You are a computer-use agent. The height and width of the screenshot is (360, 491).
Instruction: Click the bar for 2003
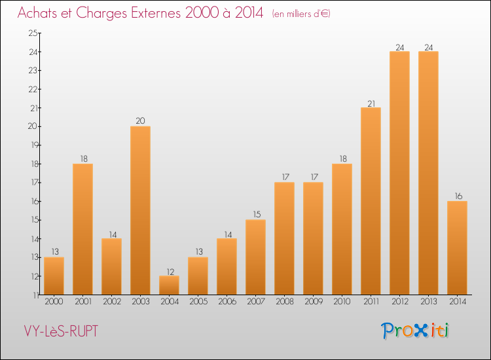point(140,210)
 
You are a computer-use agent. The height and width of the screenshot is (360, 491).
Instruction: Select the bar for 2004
point(169,285)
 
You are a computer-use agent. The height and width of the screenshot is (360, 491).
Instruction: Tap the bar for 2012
point(399,173)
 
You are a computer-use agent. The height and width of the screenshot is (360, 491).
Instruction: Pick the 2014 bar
point(457,247)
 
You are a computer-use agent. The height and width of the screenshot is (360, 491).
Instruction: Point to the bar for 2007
point(255,257)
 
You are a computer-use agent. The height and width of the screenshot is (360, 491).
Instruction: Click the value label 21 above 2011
point(371,103)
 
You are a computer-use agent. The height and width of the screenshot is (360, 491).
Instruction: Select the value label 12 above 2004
point(170,272)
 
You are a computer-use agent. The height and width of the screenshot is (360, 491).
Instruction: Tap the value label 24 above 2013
point(429,48)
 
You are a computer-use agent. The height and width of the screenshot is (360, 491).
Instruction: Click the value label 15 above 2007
point(257,215)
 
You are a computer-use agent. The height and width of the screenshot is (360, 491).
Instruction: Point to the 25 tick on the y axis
point(33,33)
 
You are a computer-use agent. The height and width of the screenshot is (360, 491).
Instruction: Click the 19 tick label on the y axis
point(34,145)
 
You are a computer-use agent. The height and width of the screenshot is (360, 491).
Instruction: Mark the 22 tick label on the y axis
point(33,89)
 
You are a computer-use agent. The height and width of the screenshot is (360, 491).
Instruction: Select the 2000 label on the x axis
point(54,302)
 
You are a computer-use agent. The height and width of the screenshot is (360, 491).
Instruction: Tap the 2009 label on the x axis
point(314,302)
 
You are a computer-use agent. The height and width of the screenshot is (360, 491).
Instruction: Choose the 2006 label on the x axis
point(227,302)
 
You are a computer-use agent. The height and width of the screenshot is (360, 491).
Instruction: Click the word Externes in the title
point(156,13)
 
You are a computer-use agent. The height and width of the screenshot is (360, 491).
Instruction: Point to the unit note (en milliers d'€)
point(301,14)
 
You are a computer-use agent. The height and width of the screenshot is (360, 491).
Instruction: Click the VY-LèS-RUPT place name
point(61,331)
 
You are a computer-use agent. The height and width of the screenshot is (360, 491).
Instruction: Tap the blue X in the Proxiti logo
point(421,331)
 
